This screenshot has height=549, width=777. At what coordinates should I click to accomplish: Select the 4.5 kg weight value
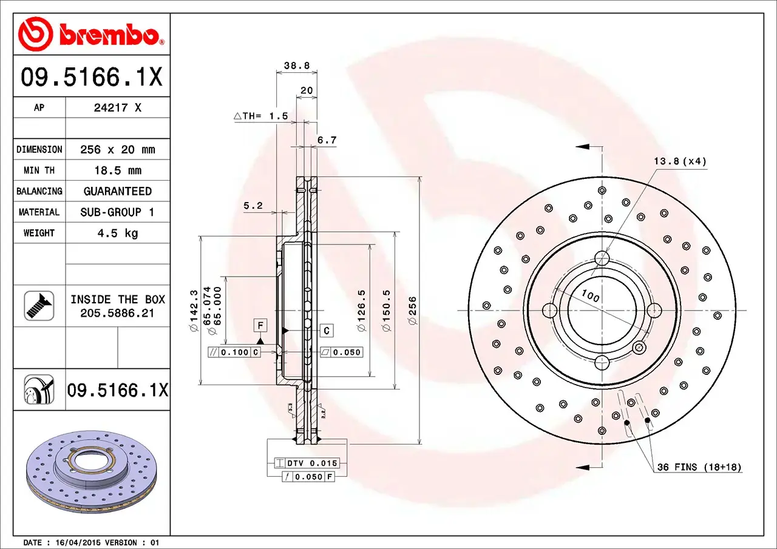117,233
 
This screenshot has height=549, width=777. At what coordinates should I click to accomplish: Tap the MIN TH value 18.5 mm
117,170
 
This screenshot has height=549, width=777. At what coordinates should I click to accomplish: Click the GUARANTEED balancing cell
117,191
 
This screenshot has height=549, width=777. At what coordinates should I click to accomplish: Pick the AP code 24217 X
117,108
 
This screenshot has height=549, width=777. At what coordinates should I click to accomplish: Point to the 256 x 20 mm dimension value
117,149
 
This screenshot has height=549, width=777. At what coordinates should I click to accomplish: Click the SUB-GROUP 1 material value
117,212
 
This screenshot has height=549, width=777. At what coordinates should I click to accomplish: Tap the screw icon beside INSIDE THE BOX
39,306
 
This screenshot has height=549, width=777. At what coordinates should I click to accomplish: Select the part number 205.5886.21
117,313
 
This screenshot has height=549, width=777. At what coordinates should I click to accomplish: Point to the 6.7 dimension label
327,140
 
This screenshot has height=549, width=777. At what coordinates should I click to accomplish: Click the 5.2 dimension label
253,206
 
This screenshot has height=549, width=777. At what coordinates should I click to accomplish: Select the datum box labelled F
260,326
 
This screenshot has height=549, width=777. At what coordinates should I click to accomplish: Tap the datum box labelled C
327,330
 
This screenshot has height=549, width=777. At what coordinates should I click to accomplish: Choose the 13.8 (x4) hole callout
680,161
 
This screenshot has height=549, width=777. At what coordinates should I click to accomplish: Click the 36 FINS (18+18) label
699,467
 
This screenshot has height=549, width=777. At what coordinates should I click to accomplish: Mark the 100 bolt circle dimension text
590,297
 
